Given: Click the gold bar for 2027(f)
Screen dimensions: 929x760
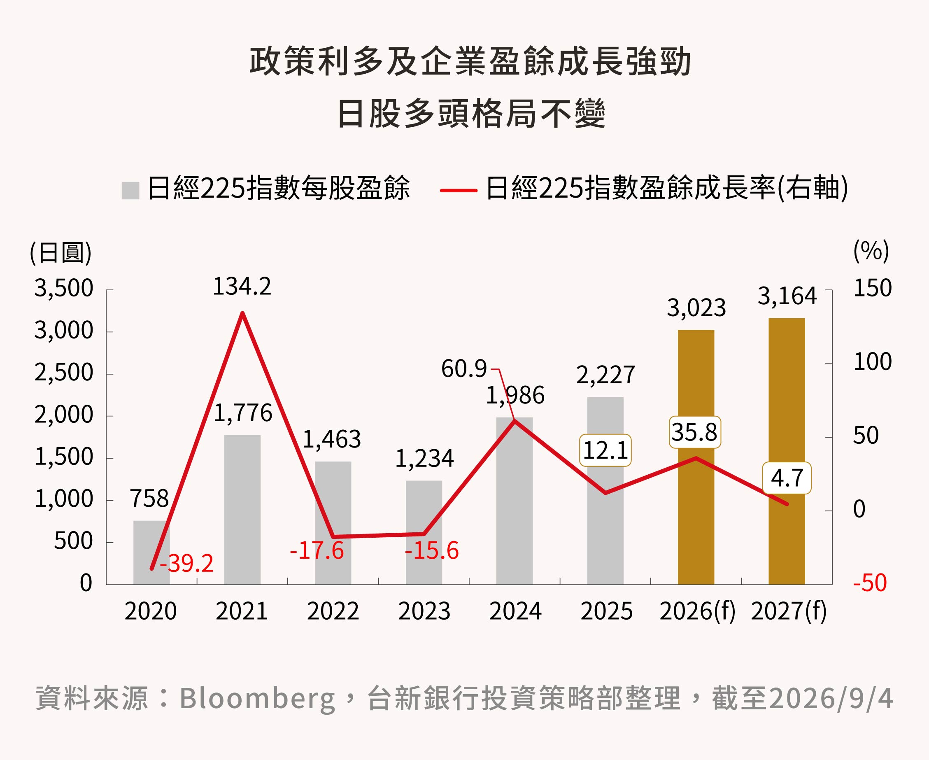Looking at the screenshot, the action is [787, 451].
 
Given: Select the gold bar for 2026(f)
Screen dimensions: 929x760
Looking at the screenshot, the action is [696, 457].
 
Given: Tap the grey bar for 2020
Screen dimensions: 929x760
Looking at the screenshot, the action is [151, 553].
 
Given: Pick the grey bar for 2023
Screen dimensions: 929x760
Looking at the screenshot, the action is [424, 532].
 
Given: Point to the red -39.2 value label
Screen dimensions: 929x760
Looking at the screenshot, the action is [187, 564].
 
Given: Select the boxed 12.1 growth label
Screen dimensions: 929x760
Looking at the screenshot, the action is [605, 450].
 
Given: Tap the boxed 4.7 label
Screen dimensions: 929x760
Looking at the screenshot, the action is [787, 478].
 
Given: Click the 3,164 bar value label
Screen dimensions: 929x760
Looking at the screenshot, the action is [787, 296].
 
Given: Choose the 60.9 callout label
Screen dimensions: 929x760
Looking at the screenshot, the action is [464, 368].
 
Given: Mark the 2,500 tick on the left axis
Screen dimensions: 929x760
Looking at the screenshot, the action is [64, 373].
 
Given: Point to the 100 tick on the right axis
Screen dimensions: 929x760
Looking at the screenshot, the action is [873, 362].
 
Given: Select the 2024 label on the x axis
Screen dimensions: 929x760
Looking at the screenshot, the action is [515, 611].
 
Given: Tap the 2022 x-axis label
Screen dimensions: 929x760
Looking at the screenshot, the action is [333, 611].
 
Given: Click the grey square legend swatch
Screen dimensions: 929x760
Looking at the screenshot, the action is [130, 191].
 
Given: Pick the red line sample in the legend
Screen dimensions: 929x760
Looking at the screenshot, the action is [459, 191].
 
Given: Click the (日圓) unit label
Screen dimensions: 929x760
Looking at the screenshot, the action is [61, 253].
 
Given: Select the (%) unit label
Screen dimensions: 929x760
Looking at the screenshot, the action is [871, 251].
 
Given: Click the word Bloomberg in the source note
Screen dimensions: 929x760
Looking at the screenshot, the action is [257, 698].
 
